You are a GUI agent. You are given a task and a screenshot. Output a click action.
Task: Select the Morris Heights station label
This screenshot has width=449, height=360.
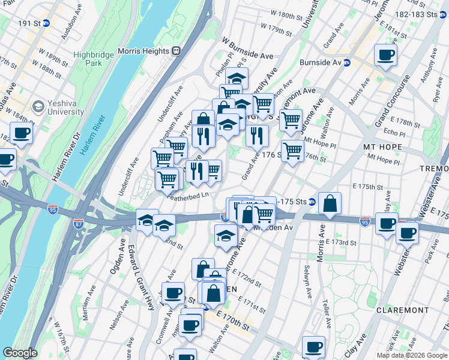coord(143,51)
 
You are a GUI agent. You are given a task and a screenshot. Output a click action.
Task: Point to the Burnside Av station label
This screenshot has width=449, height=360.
coord(325,62)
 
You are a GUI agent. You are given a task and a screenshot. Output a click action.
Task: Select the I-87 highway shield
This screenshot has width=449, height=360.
coord(79,223)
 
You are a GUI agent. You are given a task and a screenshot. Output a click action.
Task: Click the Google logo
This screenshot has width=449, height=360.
coord(20,353)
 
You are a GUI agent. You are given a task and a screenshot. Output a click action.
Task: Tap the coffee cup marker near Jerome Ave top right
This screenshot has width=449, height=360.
coord(385,56)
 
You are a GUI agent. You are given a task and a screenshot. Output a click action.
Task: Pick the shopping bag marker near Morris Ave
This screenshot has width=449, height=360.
coord(330,204)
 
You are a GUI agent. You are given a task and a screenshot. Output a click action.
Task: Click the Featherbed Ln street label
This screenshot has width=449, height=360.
coord(188,195)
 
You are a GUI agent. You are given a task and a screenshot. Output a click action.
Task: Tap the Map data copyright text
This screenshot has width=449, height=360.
coord(411,355)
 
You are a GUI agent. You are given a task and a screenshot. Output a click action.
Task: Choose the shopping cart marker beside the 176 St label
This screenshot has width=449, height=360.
coord(292,151)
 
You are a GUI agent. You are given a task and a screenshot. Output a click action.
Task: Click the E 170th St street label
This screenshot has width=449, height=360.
coord(232,323)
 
